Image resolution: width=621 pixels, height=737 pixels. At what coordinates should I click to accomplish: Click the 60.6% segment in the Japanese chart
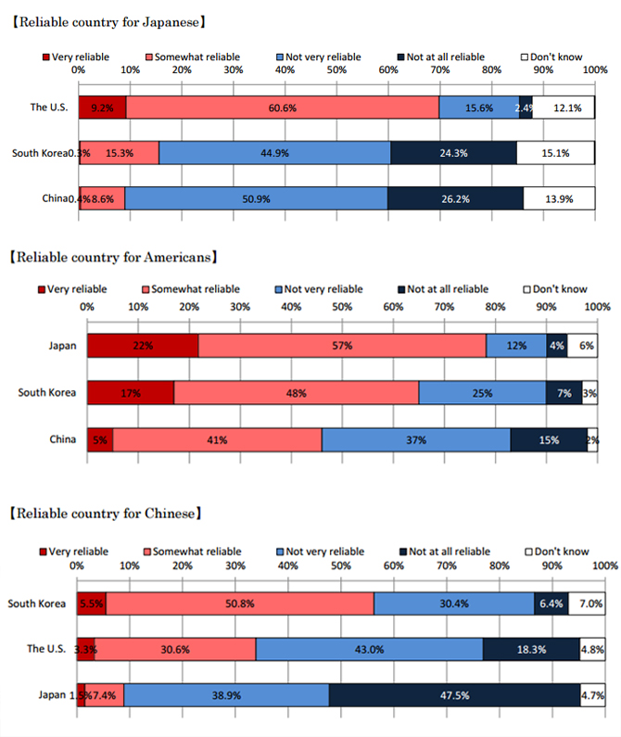[x=283, y=108]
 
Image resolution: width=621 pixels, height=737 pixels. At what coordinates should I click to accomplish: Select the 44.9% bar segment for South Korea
[x=274, y=153]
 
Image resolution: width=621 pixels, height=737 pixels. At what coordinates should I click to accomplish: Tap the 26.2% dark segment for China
[x=455, y=198]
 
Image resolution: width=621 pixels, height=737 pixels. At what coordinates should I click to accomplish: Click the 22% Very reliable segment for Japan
[x=143, y=346]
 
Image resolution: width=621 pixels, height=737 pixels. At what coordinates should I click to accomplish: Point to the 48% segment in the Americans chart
[x=296, y=392]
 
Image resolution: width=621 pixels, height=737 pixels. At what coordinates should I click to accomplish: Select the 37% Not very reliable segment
[x=415, y=439]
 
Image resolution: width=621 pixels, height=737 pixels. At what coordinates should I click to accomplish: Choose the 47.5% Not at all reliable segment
[x=453, y=694]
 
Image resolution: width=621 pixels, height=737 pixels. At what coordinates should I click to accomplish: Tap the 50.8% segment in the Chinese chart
[x=240, y=604]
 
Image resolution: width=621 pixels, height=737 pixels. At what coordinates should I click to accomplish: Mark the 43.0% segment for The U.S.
[x=369, y=649]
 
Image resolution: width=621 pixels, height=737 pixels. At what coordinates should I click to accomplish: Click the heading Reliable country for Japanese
[x=108, y=19]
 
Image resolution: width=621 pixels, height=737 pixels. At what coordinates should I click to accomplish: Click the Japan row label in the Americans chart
[x=62, y=346]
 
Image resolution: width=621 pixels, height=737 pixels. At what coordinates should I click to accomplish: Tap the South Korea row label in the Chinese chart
[x=37, y=604]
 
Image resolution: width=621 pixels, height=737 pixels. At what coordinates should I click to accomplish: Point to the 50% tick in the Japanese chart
[x=336, y=70]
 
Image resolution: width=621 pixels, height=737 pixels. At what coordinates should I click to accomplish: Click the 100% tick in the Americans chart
[x=597, y=306]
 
